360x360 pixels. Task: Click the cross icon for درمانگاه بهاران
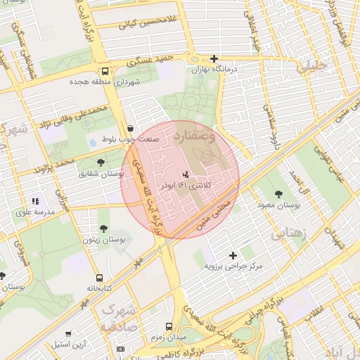(214, 59)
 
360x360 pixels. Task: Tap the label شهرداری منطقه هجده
(105, 82)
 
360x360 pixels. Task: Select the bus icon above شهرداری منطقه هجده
(105, 71)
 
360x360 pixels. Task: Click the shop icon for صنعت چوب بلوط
(131, 128)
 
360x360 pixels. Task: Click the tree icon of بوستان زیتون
(104, 229)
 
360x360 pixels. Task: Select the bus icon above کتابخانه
(99, 278)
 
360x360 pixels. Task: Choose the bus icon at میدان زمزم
(169, 326)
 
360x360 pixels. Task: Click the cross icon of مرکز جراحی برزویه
(233, 255)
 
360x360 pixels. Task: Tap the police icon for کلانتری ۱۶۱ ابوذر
(186, 173)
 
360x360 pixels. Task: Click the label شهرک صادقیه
(115, 317)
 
